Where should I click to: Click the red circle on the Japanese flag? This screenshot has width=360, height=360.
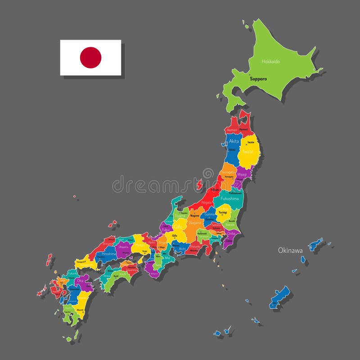pyautogui.click(x=90, y=58)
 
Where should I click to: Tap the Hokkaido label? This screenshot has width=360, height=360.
pyautogui.click(x=270, y=61)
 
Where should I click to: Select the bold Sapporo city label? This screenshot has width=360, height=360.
pyautogui.click(x=258, y=79)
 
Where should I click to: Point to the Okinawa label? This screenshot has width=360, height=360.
pyautogui.click(x=290, y=250)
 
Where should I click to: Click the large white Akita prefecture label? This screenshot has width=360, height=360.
pyautogui.click(x=234, y=141)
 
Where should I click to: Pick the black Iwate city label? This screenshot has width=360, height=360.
pyautogui.click(x=251, y=142)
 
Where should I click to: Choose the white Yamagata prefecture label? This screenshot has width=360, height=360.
pyautogui.click(x=228, y=172)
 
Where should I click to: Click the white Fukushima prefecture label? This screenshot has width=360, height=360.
pyautogui.click(x=229, y=198)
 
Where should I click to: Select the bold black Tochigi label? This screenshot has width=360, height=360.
pyautogui.click(x=222, y=212)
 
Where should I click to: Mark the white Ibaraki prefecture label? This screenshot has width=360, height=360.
pyautogui.click(x=230, y=224)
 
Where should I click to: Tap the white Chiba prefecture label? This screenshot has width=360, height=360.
pyautogui.click(x=231, y=234)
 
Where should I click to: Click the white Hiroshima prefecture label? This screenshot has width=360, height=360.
pyautogui.click(x=109, y=254)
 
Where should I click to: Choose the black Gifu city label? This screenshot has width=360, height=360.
pyautogui.click(x=175, y=235)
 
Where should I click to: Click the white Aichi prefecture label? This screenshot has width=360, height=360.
pyautogui.click(x=182, y=248)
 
